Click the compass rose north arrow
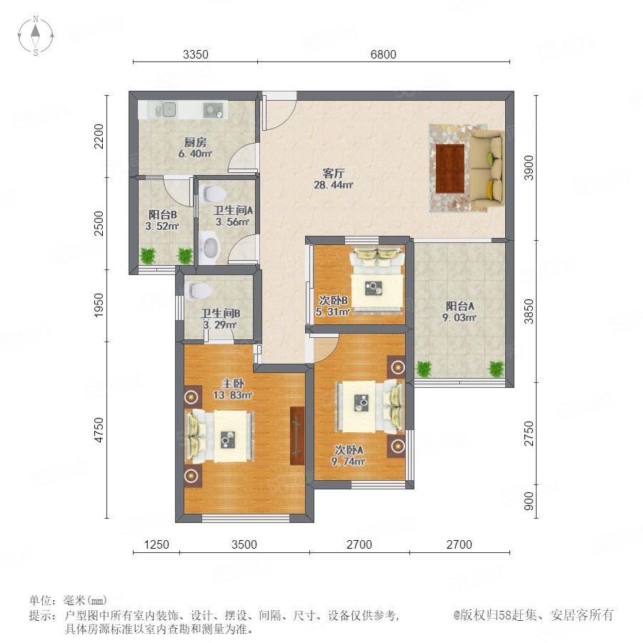pos(36,31)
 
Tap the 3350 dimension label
pos(196,54)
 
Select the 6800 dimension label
pos(383,54)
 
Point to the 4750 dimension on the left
pos(99,430)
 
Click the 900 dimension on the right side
pos(529,501)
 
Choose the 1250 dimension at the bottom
pos(156,544)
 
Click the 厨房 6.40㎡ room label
pos(195,148)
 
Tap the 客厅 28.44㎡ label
pos(333,179)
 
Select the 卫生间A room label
pos(232,211)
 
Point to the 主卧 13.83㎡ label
pos(232,389)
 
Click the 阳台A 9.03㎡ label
pos(459,311)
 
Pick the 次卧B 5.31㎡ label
pos(332,306)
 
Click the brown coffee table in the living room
pos(450,168)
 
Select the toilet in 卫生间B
pos(198,290)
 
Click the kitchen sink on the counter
pos(166,109)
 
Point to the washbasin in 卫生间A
pos(210,247)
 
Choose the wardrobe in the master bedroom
pos(297,436)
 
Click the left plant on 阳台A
pos(424,369)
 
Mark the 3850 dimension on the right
pos(529,311)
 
